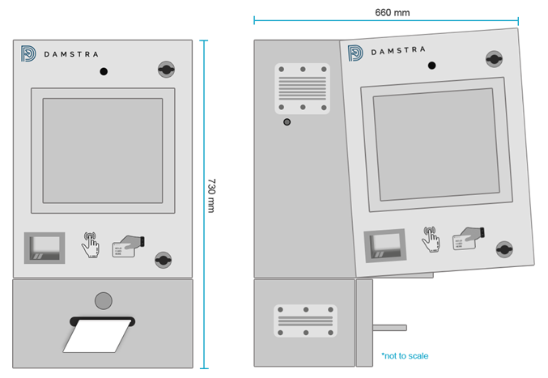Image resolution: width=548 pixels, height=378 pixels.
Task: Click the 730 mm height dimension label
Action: click(213, 196)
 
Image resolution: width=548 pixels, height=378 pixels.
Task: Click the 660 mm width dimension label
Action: click(392, 12)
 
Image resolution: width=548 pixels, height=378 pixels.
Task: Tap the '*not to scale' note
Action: click(405, 355)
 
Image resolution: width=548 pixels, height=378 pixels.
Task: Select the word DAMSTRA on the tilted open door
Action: click(398, 51)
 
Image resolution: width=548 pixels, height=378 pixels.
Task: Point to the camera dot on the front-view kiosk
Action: click(104, 72)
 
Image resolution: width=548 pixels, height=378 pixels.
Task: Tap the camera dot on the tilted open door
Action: click(431, 66)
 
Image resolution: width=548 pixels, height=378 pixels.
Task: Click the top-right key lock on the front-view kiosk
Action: click(166, 69)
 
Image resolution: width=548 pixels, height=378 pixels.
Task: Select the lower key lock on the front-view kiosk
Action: click(164, 260)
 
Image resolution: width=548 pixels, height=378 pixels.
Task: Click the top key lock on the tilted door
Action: click(494, 58)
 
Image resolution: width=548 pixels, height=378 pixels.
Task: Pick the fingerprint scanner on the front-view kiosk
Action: click(45, 248)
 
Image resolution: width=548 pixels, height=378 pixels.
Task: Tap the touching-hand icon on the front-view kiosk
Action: click(90, 244)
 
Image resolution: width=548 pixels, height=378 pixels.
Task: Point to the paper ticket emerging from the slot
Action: click(97, 335)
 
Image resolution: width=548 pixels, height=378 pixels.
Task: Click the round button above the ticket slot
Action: click(103, 300)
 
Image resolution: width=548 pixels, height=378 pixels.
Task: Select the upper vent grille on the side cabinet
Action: click(302, 87)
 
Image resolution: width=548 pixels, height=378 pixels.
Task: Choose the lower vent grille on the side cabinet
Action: click(305, 321)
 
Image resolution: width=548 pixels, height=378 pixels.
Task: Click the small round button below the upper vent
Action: click(287, 122)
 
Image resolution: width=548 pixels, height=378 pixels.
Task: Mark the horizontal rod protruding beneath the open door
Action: click(389, 328)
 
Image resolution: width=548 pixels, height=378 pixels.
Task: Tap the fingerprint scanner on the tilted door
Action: click(384, 245)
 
